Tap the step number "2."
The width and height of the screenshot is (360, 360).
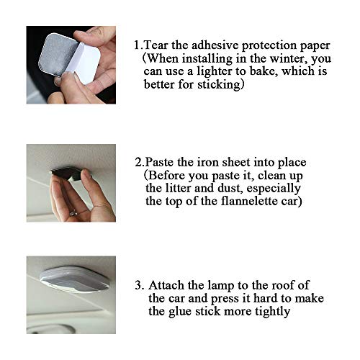[x=140, y=162]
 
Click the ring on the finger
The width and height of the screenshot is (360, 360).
[x=74, y=212]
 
